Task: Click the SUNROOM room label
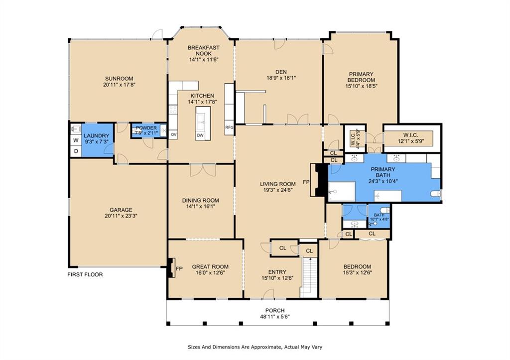tap(119, 79)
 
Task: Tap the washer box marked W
tap(76, 140)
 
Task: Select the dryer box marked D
tap(76, 151)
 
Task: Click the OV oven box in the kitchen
tap(173, 134)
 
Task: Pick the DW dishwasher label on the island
tap(200, 135)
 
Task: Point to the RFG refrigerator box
tap(229, 127)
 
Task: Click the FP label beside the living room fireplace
tap(306, 182)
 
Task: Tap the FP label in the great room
tap(179, 268)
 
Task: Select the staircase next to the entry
tap(309, 276)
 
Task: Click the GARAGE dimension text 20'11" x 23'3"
tap(121, 216)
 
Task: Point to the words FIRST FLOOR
tap(85, 274)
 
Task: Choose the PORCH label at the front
tap(275, 311)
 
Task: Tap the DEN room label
tap(281, 72)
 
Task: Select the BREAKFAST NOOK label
tap(204, 50)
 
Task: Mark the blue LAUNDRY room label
tap(97, 135)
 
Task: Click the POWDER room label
tap(146, 128)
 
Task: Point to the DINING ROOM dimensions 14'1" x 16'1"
tap(200, 206)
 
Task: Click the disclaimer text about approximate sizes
tap(255, 347)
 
